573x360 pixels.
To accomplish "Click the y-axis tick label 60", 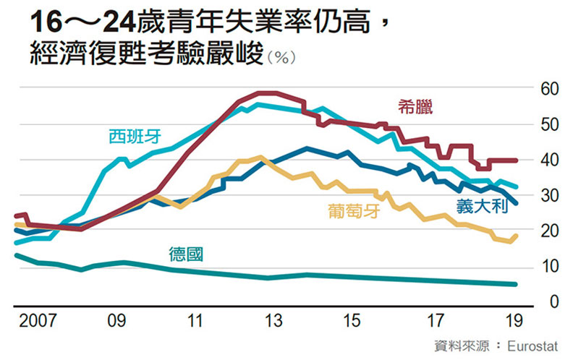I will pyautogui.click(x=546, y=90).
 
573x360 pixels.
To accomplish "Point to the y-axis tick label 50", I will pyautogui.click(x=546, y=125).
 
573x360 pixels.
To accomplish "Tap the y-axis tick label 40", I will pyautogui.click(x=546, y=160).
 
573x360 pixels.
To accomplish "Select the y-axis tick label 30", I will pyautogui.click(x=546, y=196).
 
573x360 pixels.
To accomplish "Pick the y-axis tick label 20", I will pyautogui.click(x=546, y=231).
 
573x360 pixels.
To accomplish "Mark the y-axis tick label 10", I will pyautogui.click(x=546, y=267).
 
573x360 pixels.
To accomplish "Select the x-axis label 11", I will pyautogui.click(x=194, y=319).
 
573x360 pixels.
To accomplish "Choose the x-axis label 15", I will pyautogui.click(x=352, y=319).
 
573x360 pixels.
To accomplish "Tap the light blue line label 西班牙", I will pyautogui.click(x=135, y=136).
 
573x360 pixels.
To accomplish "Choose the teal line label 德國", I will pyautogui.click(x=187, y=254).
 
